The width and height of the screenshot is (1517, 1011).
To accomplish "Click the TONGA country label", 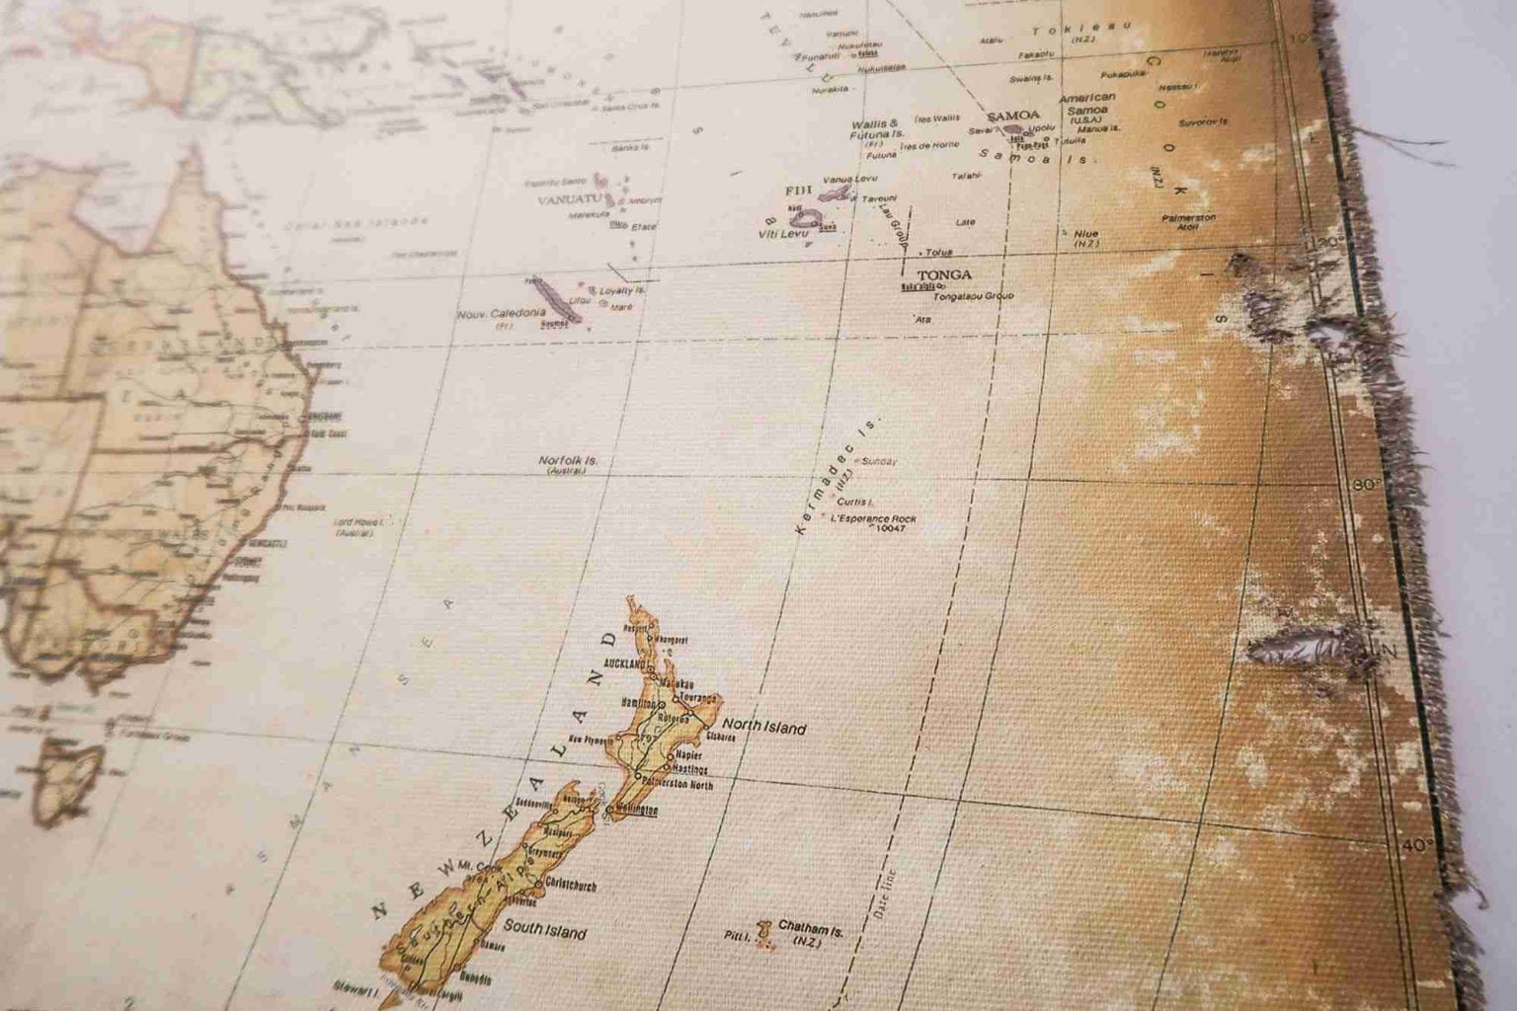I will (944, 274).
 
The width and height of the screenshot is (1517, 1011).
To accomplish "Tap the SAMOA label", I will (1007, 116).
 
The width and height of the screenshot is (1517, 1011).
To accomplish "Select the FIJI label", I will (796, 189).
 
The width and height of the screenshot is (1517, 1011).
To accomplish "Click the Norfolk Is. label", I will (568, 460).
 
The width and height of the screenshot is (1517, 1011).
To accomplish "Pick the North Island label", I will (769, 729).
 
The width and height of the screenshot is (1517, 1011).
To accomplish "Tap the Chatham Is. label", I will (810, 927).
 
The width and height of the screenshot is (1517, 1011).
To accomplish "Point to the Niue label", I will (1085, 234).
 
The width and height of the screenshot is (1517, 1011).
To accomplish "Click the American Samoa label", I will (1086, 104).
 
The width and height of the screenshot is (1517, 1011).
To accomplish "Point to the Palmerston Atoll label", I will (1188, 221).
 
